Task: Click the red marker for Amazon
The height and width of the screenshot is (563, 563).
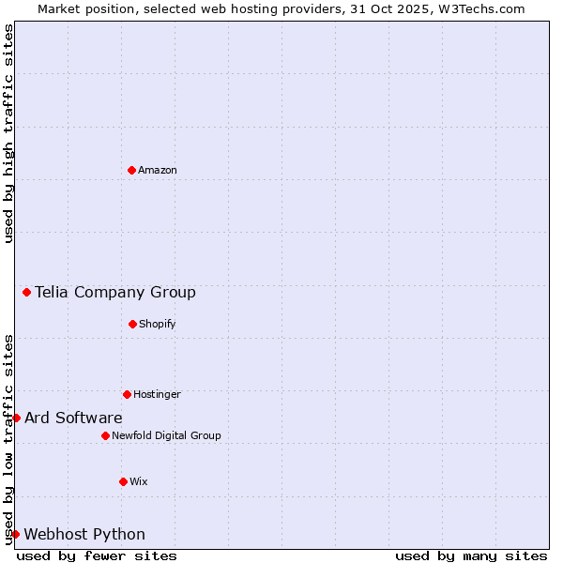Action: point(131,170)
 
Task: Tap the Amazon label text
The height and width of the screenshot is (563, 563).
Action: point(158,171)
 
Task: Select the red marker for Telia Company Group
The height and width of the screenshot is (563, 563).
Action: point(26,292)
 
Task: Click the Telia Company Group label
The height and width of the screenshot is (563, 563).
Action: point(115,293)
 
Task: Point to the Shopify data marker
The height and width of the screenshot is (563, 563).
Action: point(132,324)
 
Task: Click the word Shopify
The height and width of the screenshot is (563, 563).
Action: point(158,325)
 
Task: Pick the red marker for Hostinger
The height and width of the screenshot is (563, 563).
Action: point(127,394)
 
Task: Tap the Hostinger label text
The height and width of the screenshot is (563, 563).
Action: point(157,395)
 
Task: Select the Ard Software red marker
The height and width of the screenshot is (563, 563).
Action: point(16,418)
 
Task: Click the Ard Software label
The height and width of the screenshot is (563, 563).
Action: point(73,418)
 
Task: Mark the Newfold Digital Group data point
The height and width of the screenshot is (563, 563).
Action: point(105,435)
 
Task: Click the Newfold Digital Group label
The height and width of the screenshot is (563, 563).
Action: point(166,436)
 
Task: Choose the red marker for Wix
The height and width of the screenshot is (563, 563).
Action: point(123,481)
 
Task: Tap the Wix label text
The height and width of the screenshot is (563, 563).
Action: point(139,482)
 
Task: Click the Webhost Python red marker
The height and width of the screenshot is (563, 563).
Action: point(15,534)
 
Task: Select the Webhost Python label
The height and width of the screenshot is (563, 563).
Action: point(84,535)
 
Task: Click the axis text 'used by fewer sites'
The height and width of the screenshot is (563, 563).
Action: point(97,555)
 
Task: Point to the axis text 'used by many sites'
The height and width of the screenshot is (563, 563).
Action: point(471,555)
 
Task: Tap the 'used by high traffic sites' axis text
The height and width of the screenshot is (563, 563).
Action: point(8,134)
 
